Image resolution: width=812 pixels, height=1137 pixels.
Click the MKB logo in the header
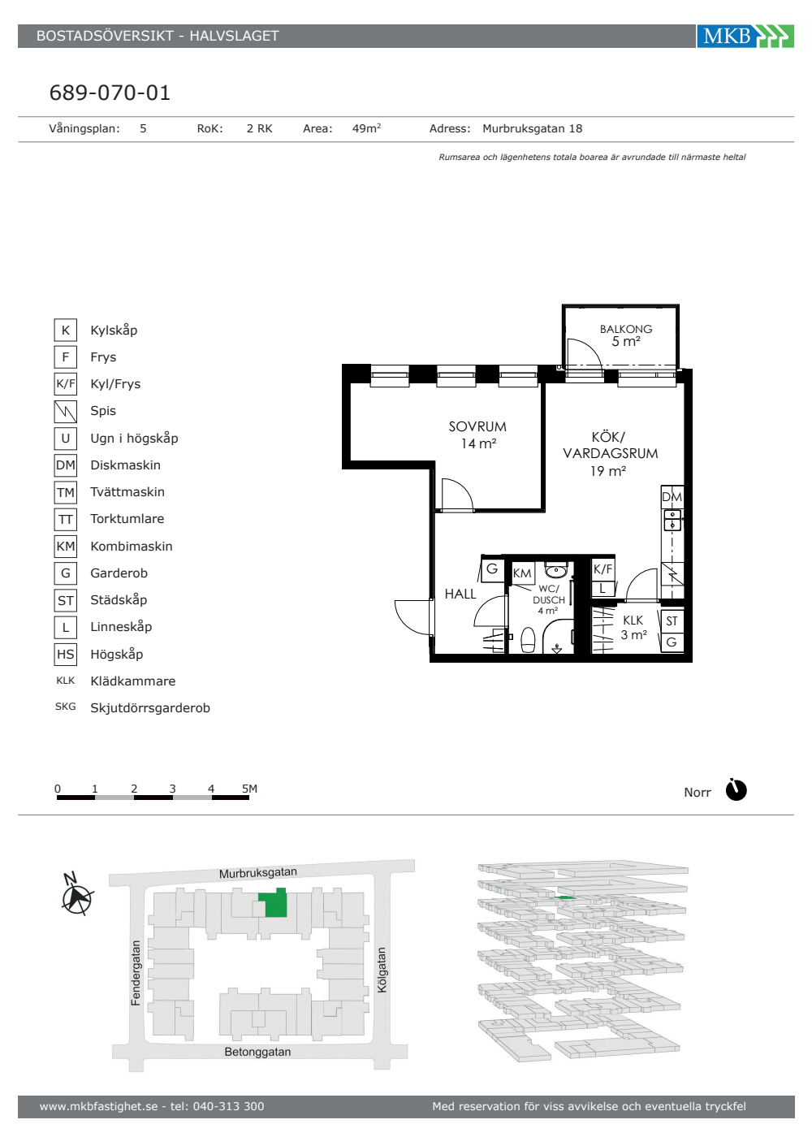tap(745, 36)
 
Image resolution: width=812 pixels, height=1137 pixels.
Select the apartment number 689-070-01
tap(110, 93)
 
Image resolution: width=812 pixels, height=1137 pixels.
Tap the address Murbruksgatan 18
tap(533, 128)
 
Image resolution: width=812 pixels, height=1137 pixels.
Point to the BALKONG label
tap(626, 329)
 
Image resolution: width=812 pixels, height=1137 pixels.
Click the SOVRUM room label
tap(477, 426)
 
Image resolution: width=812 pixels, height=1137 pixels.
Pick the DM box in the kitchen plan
tap(672, 496)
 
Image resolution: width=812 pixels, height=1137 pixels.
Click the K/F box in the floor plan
tap(603, 569)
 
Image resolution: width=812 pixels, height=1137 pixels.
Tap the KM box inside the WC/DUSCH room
tap(522, 573)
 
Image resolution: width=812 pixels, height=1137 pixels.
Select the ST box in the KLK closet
tap(672, 621)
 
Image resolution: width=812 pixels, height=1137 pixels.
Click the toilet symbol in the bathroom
tap(529, 640)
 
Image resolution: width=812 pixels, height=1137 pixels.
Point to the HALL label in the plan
tap(460, 594)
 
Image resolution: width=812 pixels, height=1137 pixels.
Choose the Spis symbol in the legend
tap(66, 411)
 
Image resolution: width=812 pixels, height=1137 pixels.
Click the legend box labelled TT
tap(66, 519)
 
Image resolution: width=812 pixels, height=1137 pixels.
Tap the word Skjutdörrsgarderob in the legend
tap(150, 707)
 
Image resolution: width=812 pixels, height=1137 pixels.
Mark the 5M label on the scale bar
tap(250, 789)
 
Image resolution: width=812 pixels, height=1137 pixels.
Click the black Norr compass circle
tap(736, 790)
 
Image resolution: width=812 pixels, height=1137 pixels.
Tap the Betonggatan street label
tap(258, 1052)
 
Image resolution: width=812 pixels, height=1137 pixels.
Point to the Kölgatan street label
tap(382, 970)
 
